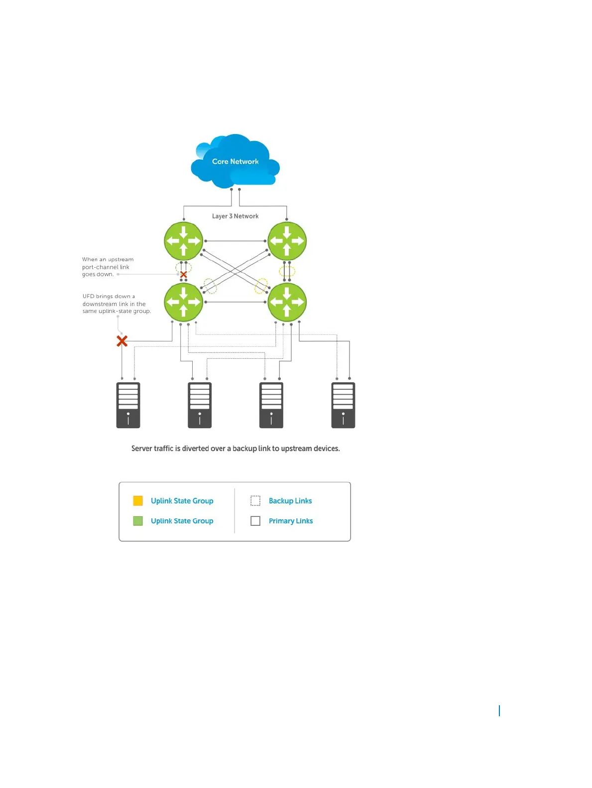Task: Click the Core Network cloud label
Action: tap(235, 161)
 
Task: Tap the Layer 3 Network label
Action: tap(235, 216)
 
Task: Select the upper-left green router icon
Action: tap(184, 241)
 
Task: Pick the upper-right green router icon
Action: tap(287, 241)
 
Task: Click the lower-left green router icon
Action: tap(184, 302)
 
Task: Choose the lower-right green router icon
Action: tap(287, 302)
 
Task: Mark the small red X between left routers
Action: tap(184, 275)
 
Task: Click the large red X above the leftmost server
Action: tap(122, 341)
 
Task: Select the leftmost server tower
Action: tap(128, 405)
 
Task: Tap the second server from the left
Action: tap(200, 405)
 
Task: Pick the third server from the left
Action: tap(271, 405)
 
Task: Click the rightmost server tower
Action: tap(343, 405)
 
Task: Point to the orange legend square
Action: tap(138, 501)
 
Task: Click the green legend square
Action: tap(138, 521)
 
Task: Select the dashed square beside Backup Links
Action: tap(255, 501)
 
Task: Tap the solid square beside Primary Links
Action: tap(255, 521)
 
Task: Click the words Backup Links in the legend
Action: tap(290, 501)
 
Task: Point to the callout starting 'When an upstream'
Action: tap(108, 267)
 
